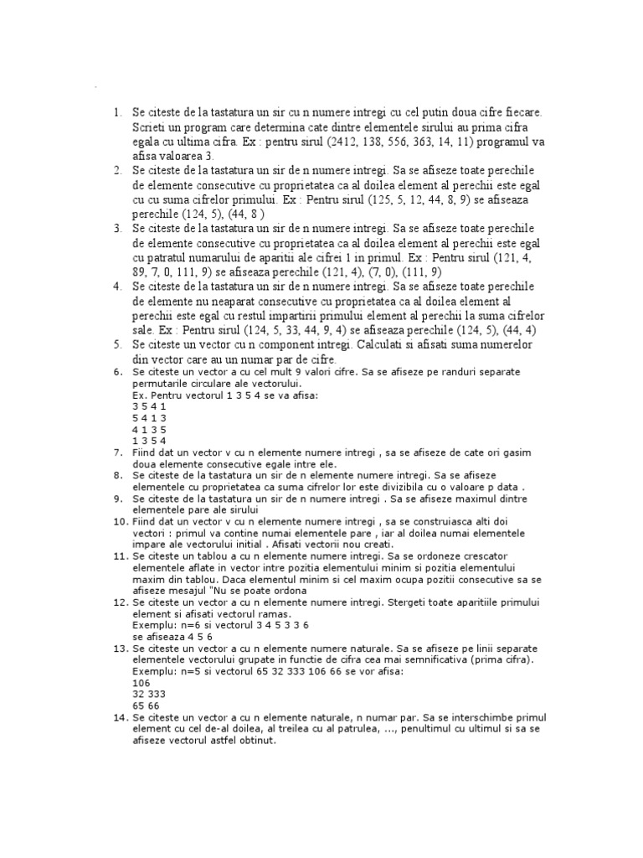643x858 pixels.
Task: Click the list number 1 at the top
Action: (117, 111)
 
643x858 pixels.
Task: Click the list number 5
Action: (117, 345)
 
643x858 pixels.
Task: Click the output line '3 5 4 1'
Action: (149, 405)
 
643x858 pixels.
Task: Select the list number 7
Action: (118, 452)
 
